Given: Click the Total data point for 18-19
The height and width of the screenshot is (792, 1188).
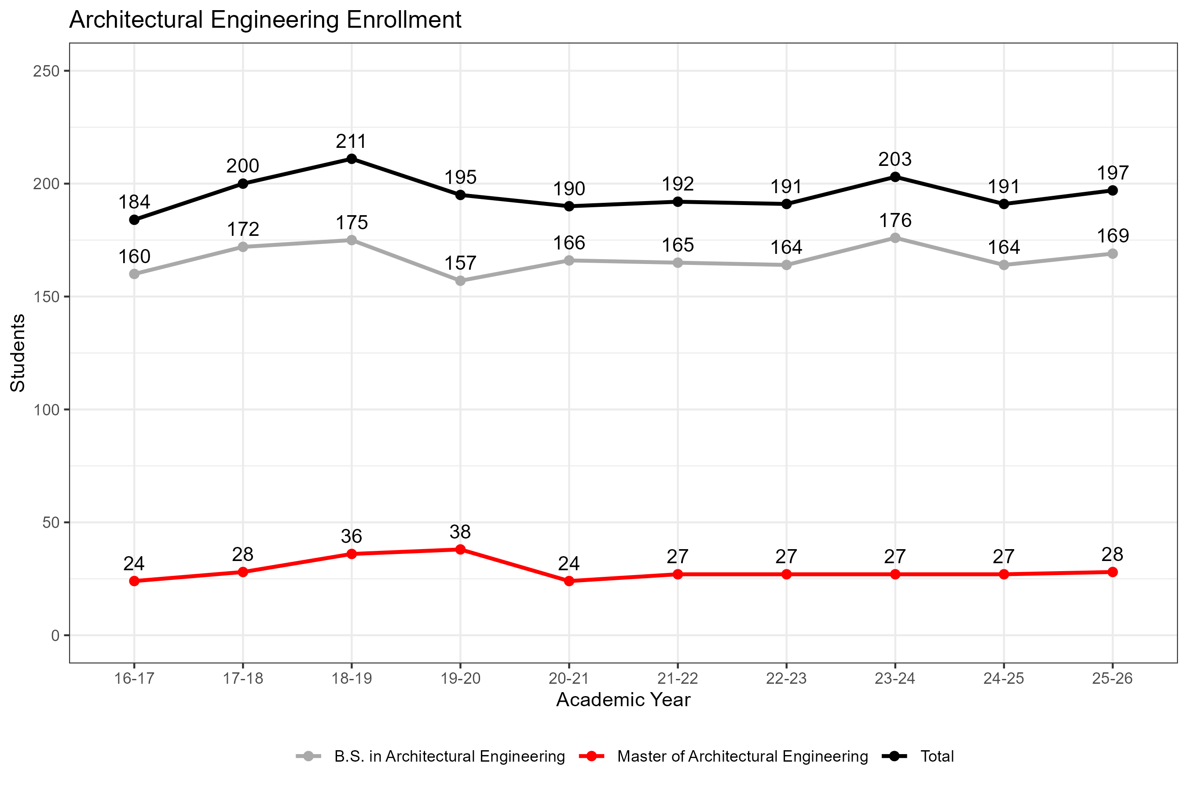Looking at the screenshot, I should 352,159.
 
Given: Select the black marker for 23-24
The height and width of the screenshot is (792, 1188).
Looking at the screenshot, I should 895,177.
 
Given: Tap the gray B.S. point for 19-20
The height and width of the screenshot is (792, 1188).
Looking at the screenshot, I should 460,281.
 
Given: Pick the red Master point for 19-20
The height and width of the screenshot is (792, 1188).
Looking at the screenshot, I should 460,550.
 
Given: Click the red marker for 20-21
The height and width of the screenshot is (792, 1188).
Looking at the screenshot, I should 569,581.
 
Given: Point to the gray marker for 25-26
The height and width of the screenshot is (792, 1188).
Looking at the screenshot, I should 1112,253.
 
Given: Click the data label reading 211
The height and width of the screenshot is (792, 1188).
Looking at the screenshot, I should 352,141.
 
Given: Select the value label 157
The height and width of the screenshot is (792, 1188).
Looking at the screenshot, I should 460,263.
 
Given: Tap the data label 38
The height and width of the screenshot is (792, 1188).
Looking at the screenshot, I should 460,532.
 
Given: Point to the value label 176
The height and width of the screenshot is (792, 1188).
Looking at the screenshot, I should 895,220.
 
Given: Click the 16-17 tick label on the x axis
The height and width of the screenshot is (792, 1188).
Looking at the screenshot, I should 134,678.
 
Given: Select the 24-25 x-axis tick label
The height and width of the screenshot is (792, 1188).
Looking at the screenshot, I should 1004,678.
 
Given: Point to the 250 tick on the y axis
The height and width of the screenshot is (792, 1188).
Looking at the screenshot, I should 47,71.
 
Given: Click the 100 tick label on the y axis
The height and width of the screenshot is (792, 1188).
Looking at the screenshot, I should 47,410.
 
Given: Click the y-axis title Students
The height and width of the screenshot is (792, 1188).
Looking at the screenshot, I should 18,352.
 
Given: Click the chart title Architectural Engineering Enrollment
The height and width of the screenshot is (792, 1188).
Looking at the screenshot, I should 265,20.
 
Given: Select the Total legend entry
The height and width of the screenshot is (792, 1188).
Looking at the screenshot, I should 936,756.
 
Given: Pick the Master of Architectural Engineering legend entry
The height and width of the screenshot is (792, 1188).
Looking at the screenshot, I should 742,756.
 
